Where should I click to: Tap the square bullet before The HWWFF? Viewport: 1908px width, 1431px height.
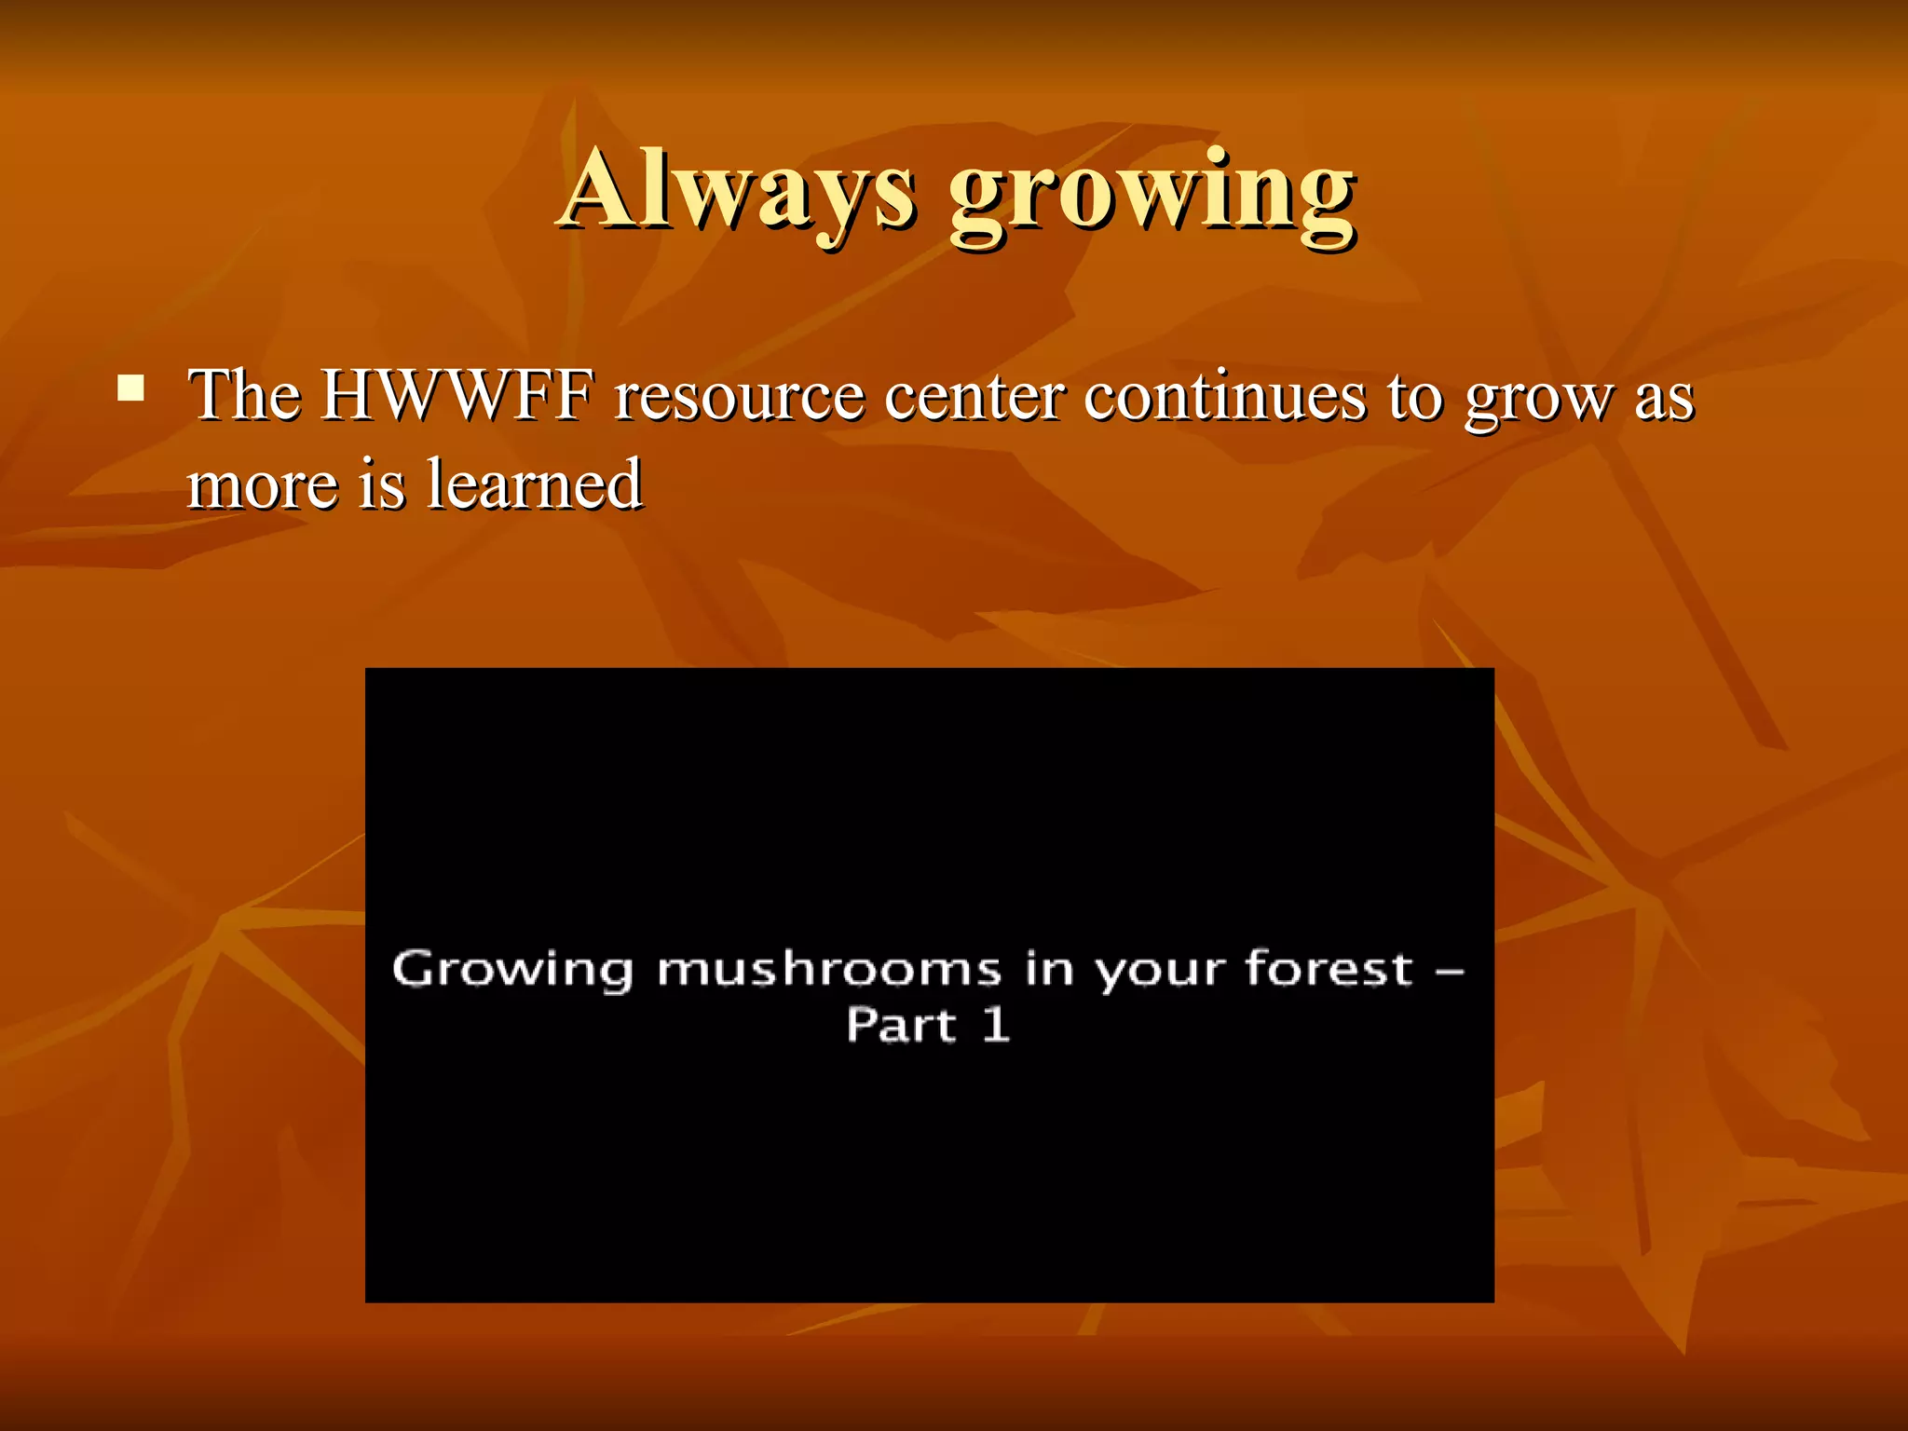130,388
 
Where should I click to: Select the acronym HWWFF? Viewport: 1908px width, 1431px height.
457,396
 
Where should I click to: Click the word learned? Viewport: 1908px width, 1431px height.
534,484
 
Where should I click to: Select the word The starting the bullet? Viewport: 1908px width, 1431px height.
244,396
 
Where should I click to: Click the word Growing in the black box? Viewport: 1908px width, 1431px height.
511,970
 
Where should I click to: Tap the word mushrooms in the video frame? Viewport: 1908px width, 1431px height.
828,970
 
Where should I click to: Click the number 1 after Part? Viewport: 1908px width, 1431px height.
995,1025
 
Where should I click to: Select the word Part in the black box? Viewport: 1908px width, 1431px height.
900,1025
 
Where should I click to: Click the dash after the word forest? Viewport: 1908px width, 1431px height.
1449,971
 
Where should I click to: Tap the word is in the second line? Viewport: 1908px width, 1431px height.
382,484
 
